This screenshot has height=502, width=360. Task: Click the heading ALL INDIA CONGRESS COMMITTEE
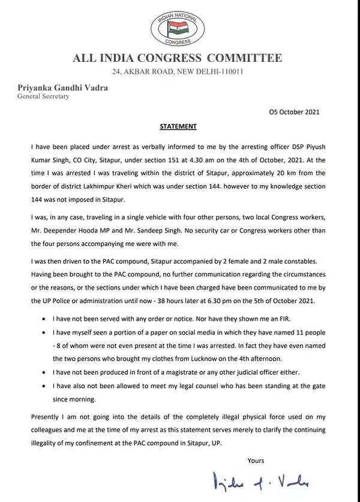[176, 58]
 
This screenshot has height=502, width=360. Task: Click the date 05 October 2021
[293, 112]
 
